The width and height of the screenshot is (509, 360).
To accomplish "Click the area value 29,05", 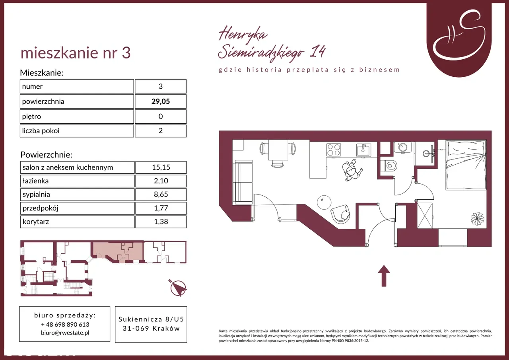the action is click(161, 101).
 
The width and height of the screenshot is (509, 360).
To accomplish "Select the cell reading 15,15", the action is click(161, 167).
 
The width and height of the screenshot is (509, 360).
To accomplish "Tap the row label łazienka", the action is click(35, 181).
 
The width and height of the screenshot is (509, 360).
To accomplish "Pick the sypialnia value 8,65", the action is click(161, 194).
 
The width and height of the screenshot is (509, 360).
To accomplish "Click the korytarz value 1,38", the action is click(161, 221).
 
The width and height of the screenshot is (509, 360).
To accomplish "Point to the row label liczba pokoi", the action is click(41, 131).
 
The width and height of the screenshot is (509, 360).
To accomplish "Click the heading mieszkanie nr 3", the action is click(76, 53).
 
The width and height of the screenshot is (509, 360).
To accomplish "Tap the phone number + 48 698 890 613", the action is click(65, 324).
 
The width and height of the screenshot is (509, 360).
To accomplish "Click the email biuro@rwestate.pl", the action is click(65, 333).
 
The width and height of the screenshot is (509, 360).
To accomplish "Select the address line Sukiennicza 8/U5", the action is click(151, 319).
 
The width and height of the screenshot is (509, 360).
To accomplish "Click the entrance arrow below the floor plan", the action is click(384, 276).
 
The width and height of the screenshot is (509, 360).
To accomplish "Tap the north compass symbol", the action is click(178, 288).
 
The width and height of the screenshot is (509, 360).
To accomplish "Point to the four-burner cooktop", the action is click(334, 150).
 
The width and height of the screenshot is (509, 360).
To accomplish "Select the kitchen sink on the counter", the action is click(363, 150).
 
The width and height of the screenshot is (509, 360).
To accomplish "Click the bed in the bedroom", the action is click(466, 165).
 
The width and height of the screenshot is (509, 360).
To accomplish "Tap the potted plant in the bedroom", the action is click(478, 219).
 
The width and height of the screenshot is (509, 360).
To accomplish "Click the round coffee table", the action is click(324, 202).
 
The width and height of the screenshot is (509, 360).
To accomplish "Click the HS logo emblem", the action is click(459, 39).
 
